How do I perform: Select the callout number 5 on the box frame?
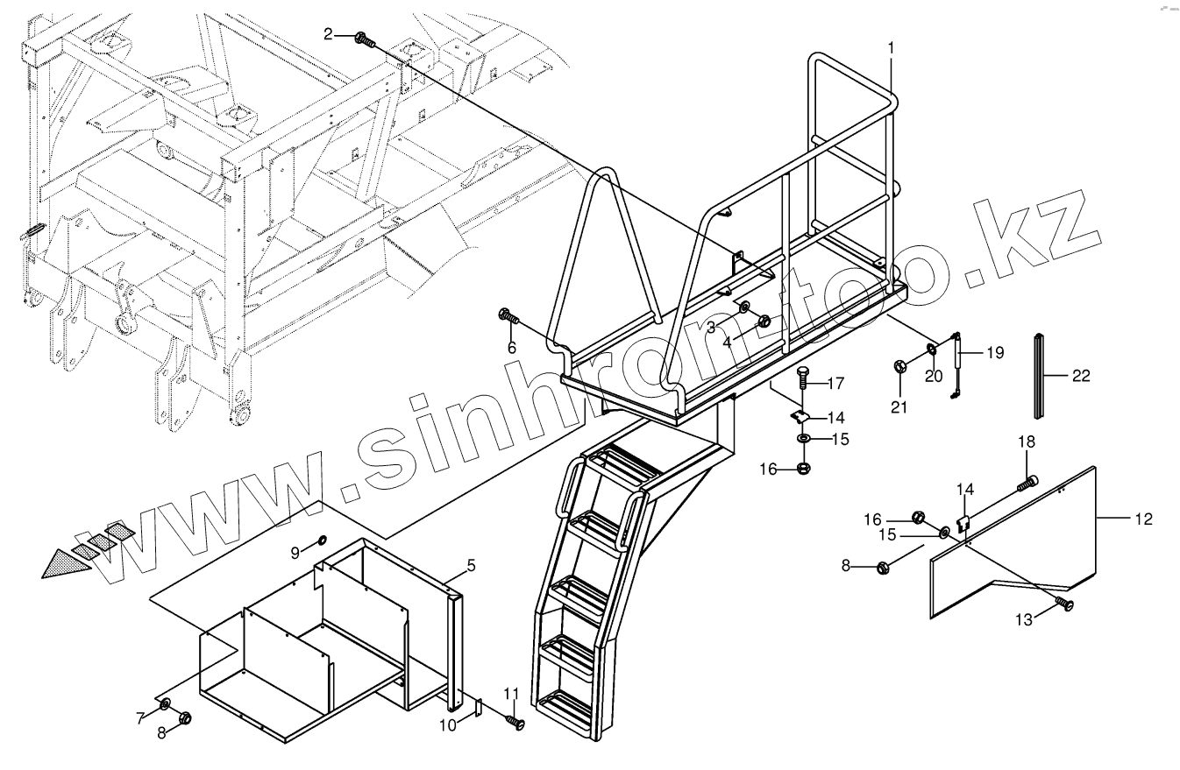click(x=471, y=566)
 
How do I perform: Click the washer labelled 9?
click(x=322, y=539)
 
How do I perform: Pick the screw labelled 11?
click(x=515, y=722)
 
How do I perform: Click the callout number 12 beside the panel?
click(x=1143, y=519)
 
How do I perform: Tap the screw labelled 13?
click(x=1063, y=604)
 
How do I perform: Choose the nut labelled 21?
click(x=901, y=365)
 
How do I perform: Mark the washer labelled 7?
click(x=165, y=703)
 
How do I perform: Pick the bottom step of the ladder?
click(x=571, y=702)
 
